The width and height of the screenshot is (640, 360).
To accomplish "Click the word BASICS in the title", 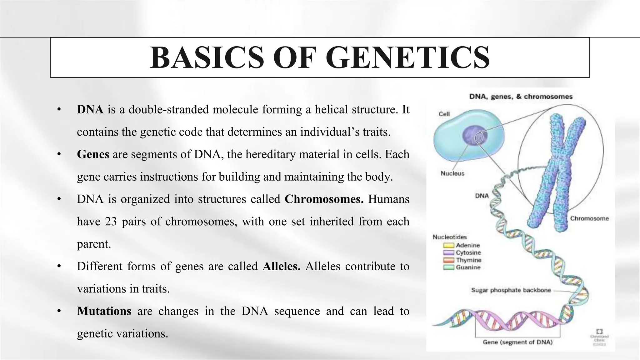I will click(207, 58).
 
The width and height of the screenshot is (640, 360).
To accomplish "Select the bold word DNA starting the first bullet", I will click(90, 110).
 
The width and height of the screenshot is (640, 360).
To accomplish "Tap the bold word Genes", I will click(93, 154).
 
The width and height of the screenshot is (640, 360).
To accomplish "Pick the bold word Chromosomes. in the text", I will click(324, 199).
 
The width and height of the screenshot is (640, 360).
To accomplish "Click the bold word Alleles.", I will click(281, 266).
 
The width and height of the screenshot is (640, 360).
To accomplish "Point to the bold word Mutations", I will click(104, 311).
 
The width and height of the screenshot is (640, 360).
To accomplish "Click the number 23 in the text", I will click(111, 222).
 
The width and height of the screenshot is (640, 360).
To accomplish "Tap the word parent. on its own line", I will click(94, 244).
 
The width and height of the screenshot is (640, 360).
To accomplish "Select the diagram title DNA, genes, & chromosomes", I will click(521, 97).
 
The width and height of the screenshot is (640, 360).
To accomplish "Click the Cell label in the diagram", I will click(444, 114).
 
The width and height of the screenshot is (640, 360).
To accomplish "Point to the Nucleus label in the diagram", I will click(452, 173).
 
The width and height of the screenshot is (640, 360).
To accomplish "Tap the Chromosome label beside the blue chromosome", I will click(589, 218).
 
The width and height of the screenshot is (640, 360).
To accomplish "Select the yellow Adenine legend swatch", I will click(448, 246).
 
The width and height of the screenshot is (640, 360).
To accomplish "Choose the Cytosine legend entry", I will click(468, 252).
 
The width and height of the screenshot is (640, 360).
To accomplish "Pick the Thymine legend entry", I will click(468, 260).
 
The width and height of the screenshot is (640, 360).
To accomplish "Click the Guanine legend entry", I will click(468, 267).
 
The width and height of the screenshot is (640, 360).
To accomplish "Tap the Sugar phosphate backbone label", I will click(511, 290).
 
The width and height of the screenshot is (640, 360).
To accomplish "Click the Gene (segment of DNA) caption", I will click(517, 342).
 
